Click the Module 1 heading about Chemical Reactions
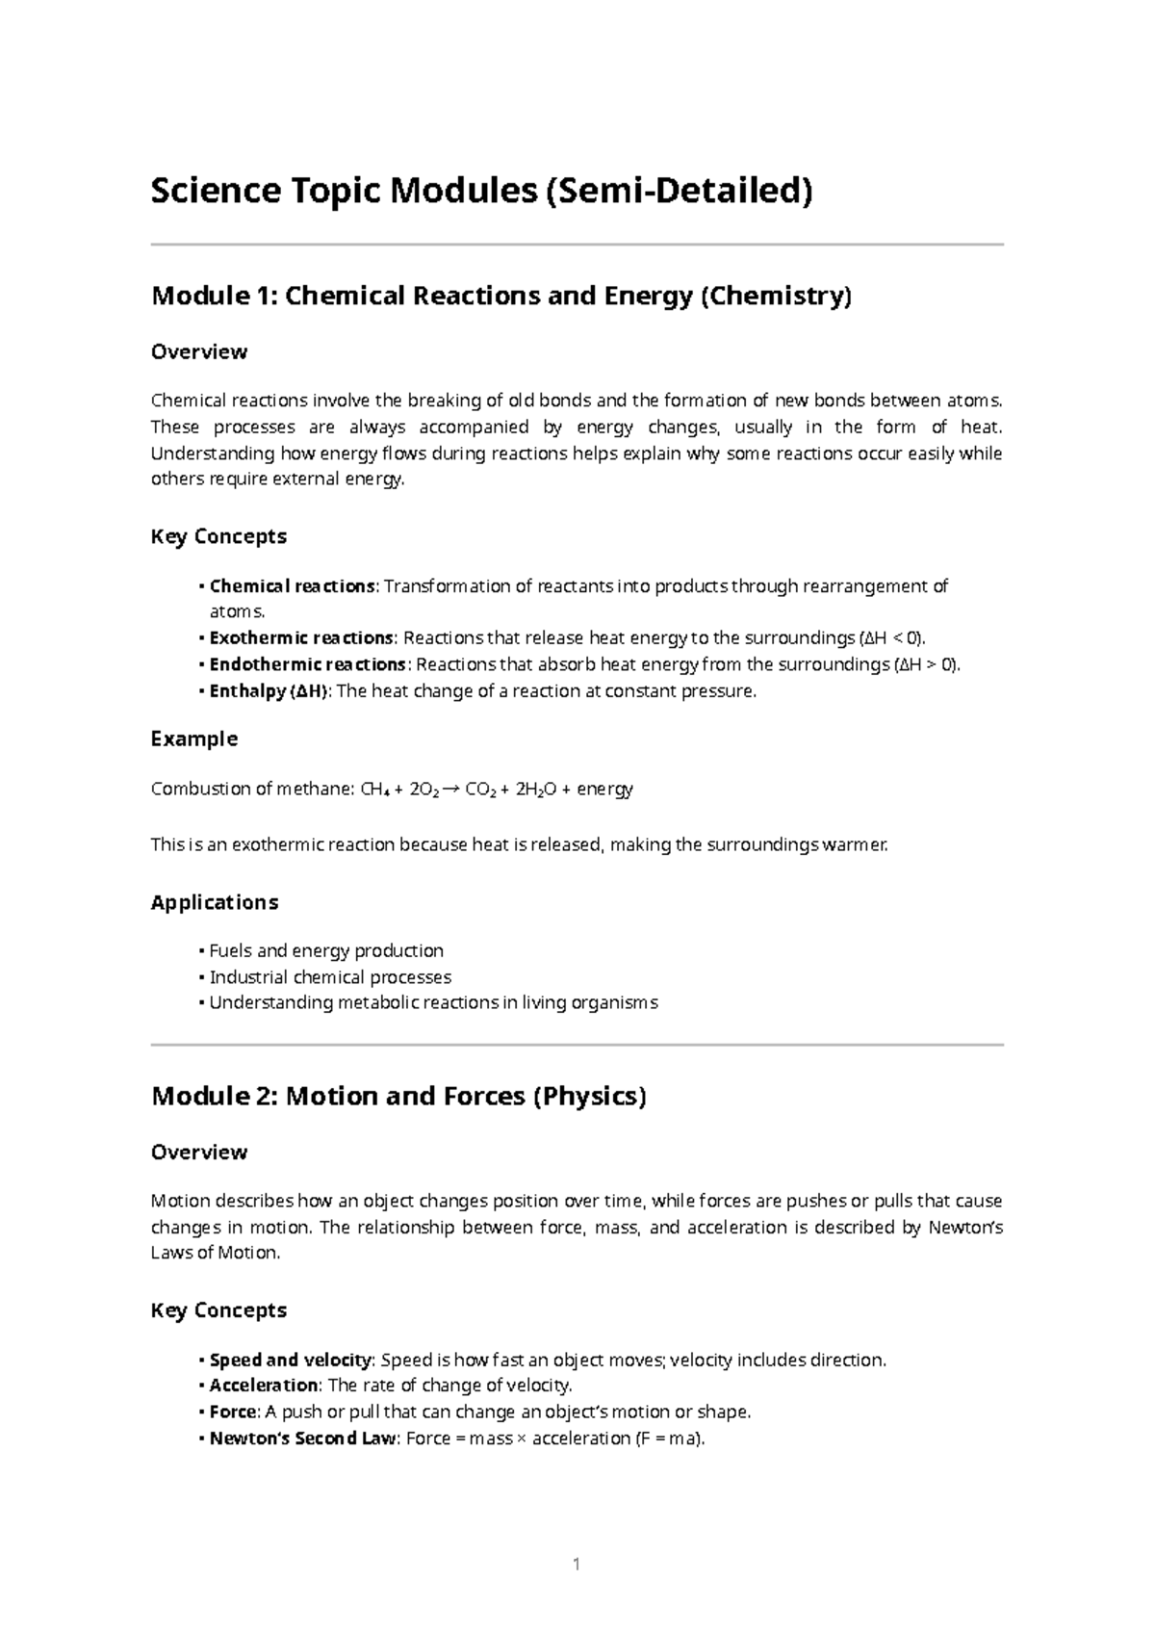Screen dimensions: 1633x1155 [501, 296]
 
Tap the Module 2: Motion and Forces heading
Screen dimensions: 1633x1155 [398, 1096]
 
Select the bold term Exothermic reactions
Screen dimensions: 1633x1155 [301, 637]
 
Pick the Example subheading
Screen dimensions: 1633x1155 [194, 739]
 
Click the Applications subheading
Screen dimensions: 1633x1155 [215, 902]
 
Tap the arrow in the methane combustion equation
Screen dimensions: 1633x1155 [451, 790]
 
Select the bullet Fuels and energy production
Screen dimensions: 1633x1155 [326, 950]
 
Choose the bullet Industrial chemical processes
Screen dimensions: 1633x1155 [330, 976]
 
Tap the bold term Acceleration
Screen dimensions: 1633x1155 [264, 1386]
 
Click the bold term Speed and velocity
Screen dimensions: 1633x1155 [291, 1360]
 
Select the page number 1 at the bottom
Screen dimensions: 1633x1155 [577, 1565]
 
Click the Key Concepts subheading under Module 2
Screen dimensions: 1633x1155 [219, 1310]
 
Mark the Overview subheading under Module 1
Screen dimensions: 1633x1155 [199, 351]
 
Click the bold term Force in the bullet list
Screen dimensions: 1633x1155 [233, 1412]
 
